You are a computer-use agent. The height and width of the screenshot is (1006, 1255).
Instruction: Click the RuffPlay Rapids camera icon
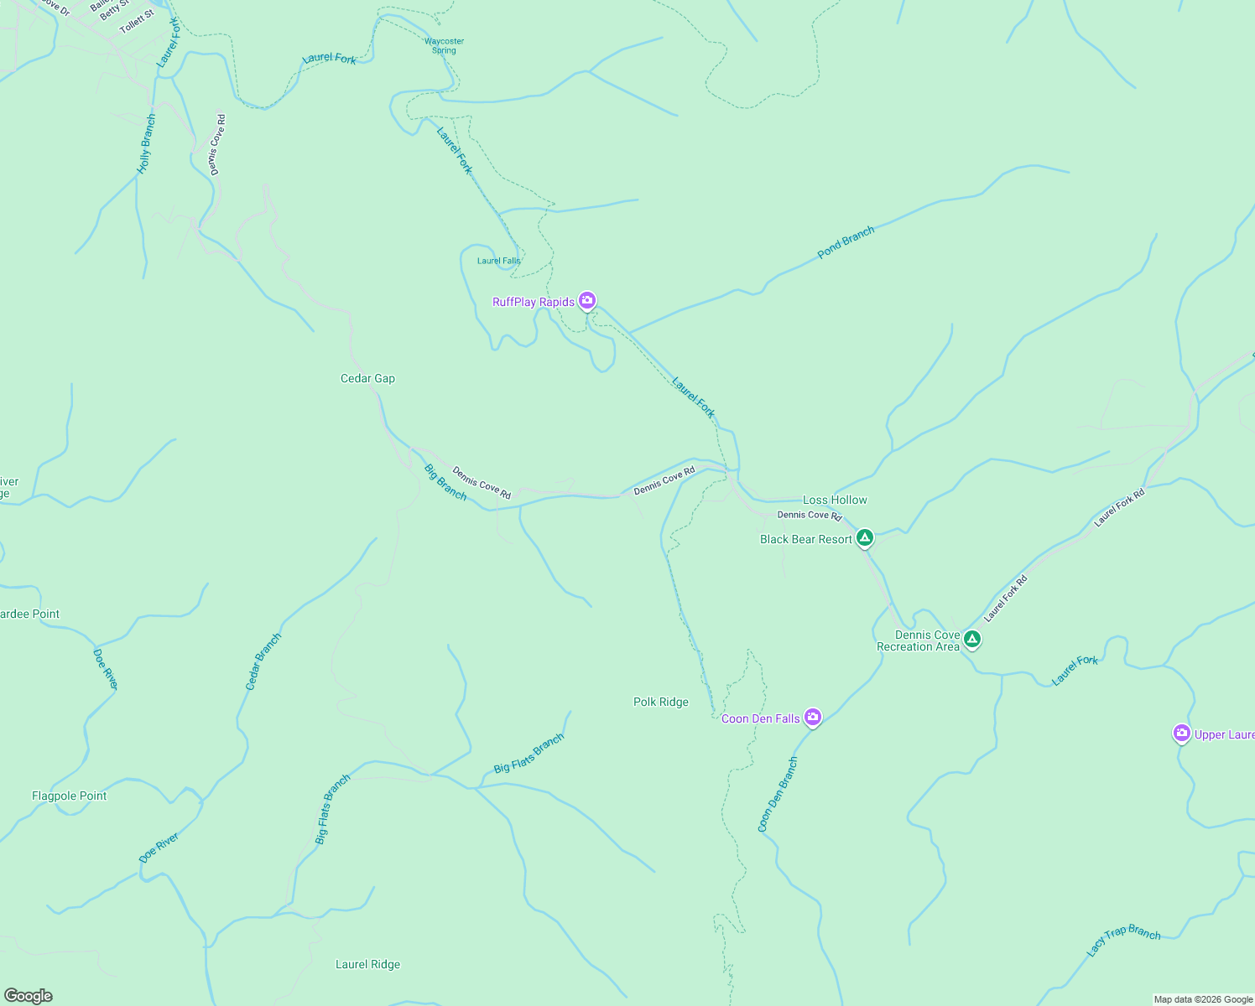pos(587,300)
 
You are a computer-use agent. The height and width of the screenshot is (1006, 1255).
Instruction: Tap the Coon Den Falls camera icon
pos(812,717)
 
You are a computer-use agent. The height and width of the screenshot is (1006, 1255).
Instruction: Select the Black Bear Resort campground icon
pos(864,537)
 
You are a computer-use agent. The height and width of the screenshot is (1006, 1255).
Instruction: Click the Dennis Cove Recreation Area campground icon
pos(971,639)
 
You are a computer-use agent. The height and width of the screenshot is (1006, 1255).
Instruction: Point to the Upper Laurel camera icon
pos(1181,734)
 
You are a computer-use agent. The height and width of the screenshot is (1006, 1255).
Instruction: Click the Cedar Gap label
pos(367,378)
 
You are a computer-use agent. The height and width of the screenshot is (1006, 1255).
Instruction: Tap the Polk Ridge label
pos(660,702)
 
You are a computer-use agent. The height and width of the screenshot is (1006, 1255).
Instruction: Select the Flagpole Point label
pos(69,796)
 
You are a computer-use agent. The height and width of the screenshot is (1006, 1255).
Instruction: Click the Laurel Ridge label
pos(367,964)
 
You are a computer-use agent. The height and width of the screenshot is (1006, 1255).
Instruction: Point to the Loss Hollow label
pos(835,500)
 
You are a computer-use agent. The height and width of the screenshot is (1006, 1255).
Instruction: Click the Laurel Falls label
pos(498,261)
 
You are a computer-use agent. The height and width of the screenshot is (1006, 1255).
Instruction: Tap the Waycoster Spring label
pos(444,45)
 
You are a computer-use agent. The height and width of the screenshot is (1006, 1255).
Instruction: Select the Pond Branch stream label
pos(846,242)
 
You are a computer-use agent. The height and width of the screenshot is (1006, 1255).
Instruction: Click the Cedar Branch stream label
pos(263,661)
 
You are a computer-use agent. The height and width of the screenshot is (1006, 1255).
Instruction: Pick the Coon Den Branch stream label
pos(778,795)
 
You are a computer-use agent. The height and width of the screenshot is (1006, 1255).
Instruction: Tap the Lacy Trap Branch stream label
pos(1123,941)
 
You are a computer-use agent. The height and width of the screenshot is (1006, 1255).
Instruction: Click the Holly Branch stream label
pos(147,144)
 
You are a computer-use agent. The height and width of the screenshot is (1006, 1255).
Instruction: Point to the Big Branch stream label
pos(445,482)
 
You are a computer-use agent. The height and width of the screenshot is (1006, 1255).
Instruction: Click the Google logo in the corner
pos(28,995)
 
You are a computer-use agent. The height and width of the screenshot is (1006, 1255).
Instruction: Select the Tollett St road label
pos(137,22)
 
